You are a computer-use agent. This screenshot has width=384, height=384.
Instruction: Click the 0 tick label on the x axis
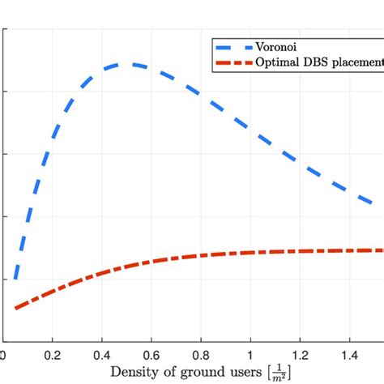pos(3,354)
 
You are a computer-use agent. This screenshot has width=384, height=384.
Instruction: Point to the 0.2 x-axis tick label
pos(53,354)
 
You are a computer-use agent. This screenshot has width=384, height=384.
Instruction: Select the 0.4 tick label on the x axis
pos(102,354)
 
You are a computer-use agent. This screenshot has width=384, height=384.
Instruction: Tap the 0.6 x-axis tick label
pos(151,354)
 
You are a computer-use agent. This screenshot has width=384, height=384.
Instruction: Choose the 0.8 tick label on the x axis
pos(201,354)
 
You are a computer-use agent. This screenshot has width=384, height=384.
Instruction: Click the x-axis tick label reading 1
pos(250,354)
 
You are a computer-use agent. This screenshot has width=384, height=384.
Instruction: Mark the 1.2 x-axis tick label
pos(300,354)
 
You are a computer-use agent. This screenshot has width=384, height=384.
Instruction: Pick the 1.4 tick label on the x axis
pos(349,354)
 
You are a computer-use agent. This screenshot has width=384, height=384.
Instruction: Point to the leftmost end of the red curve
pos(15,308)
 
